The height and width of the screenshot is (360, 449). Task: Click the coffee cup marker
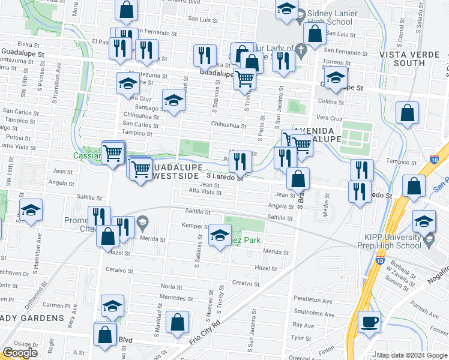369,322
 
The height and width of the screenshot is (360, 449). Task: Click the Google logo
20,353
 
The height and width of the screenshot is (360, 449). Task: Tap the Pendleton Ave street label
317,301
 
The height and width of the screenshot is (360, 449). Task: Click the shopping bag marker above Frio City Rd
178,322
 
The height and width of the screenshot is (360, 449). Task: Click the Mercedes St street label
175,297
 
